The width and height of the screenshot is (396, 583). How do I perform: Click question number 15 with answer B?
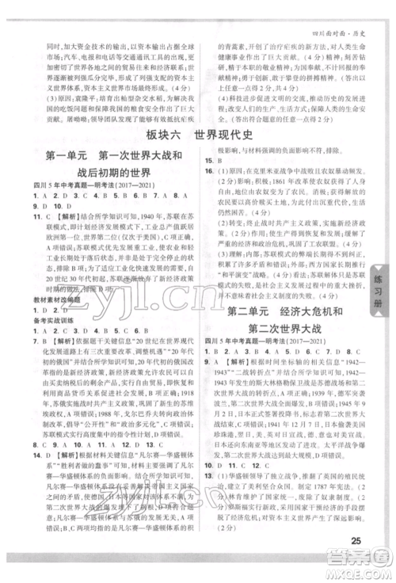[x=208, y=160]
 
